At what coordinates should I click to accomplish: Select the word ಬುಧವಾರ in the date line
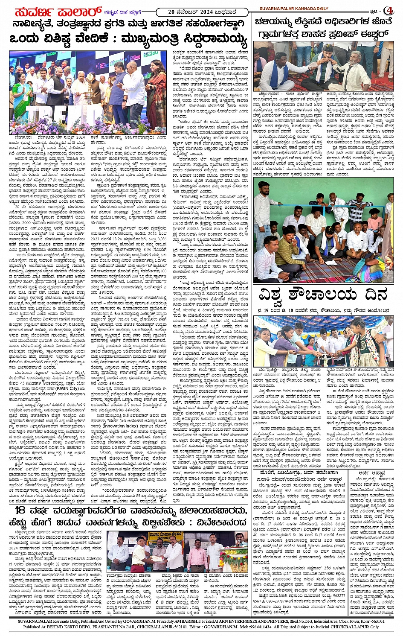point(226,12)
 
